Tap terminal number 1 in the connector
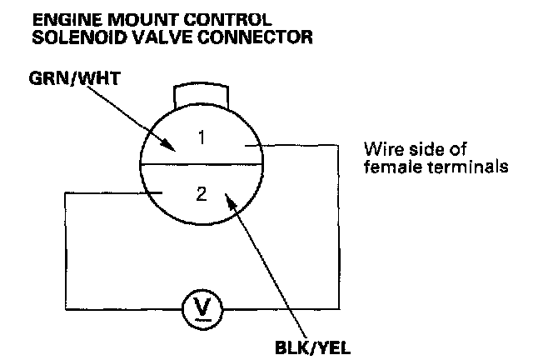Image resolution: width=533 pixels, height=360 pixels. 201,138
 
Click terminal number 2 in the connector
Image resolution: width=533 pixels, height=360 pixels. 200,196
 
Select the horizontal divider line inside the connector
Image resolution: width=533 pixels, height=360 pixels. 200,165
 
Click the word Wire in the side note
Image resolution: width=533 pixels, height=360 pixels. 380,151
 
